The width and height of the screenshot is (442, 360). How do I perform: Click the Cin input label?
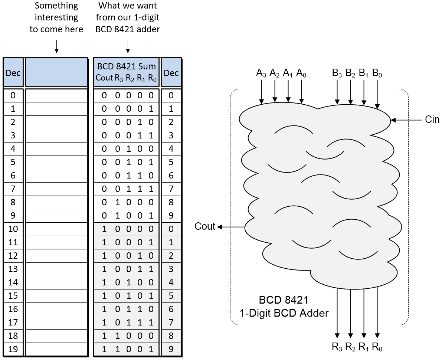432,120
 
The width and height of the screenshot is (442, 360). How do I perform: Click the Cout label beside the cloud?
205,226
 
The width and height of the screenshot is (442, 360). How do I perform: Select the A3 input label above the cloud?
261,73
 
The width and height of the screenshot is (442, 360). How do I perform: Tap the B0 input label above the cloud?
377,73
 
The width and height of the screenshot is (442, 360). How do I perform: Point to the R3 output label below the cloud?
337,347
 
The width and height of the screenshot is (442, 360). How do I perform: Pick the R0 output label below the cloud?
377,347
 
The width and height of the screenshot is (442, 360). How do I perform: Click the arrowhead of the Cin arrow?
393,120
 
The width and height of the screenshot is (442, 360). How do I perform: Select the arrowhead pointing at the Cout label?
220,227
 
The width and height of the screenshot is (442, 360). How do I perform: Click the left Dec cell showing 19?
13,349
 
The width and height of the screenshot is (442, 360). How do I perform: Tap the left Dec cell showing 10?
13,229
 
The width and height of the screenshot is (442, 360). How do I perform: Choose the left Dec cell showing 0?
13,95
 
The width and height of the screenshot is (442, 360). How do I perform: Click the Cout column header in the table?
104,78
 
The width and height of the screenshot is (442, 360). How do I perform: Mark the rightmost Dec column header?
171,73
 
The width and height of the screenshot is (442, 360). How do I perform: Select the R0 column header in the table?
152,78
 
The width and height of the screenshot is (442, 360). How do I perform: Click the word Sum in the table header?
147,67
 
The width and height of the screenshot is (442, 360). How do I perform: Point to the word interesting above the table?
56,17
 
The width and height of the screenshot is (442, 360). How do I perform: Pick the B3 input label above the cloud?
337,73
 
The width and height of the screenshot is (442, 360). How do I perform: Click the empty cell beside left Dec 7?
56,189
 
